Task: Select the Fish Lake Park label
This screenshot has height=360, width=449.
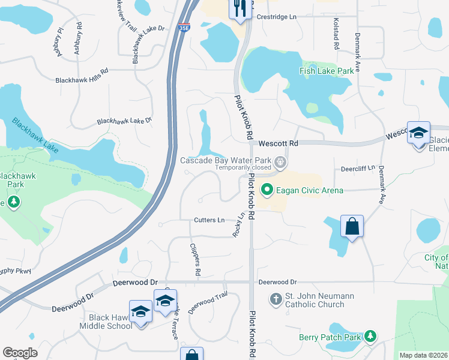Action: [327, 71]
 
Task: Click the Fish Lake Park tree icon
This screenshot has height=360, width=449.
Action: [312, 68]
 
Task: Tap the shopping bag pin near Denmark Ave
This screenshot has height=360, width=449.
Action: [352, 227]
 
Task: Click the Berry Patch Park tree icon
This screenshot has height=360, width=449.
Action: [372, 336]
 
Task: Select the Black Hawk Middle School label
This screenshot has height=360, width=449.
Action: [106, 322]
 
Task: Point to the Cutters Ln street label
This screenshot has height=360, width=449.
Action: [209, 220]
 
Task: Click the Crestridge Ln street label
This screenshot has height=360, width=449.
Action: [277, 17]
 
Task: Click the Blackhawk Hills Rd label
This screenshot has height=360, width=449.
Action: [82, 79]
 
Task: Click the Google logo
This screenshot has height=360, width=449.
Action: [20, 353]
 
